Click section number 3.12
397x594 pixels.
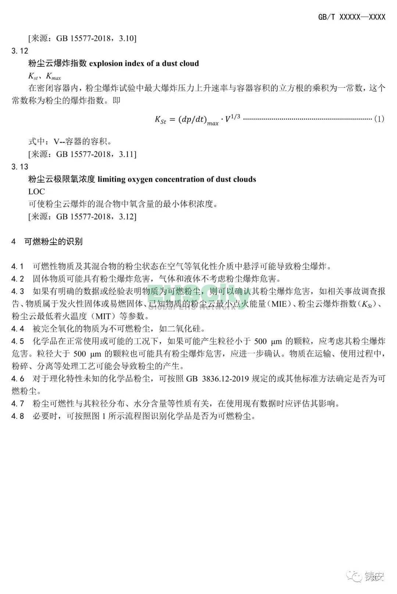(x=19, y=51)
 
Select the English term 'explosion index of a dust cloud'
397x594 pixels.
(x=144, y=64)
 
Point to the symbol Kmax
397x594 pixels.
(x=53, y=76)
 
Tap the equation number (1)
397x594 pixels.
(x=379, y=119)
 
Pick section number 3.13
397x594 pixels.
(x=19, y=167)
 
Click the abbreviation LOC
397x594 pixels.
(x=37, y=191)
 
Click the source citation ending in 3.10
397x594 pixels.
(x=82, y=38)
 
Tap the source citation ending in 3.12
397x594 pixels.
(x=82, y=216)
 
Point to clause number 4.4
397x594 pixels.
(x=18, y=328)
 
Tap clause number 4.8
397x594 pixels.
(x=18, y=416)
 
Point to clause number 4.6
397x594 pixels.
(x=18, y=379)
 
